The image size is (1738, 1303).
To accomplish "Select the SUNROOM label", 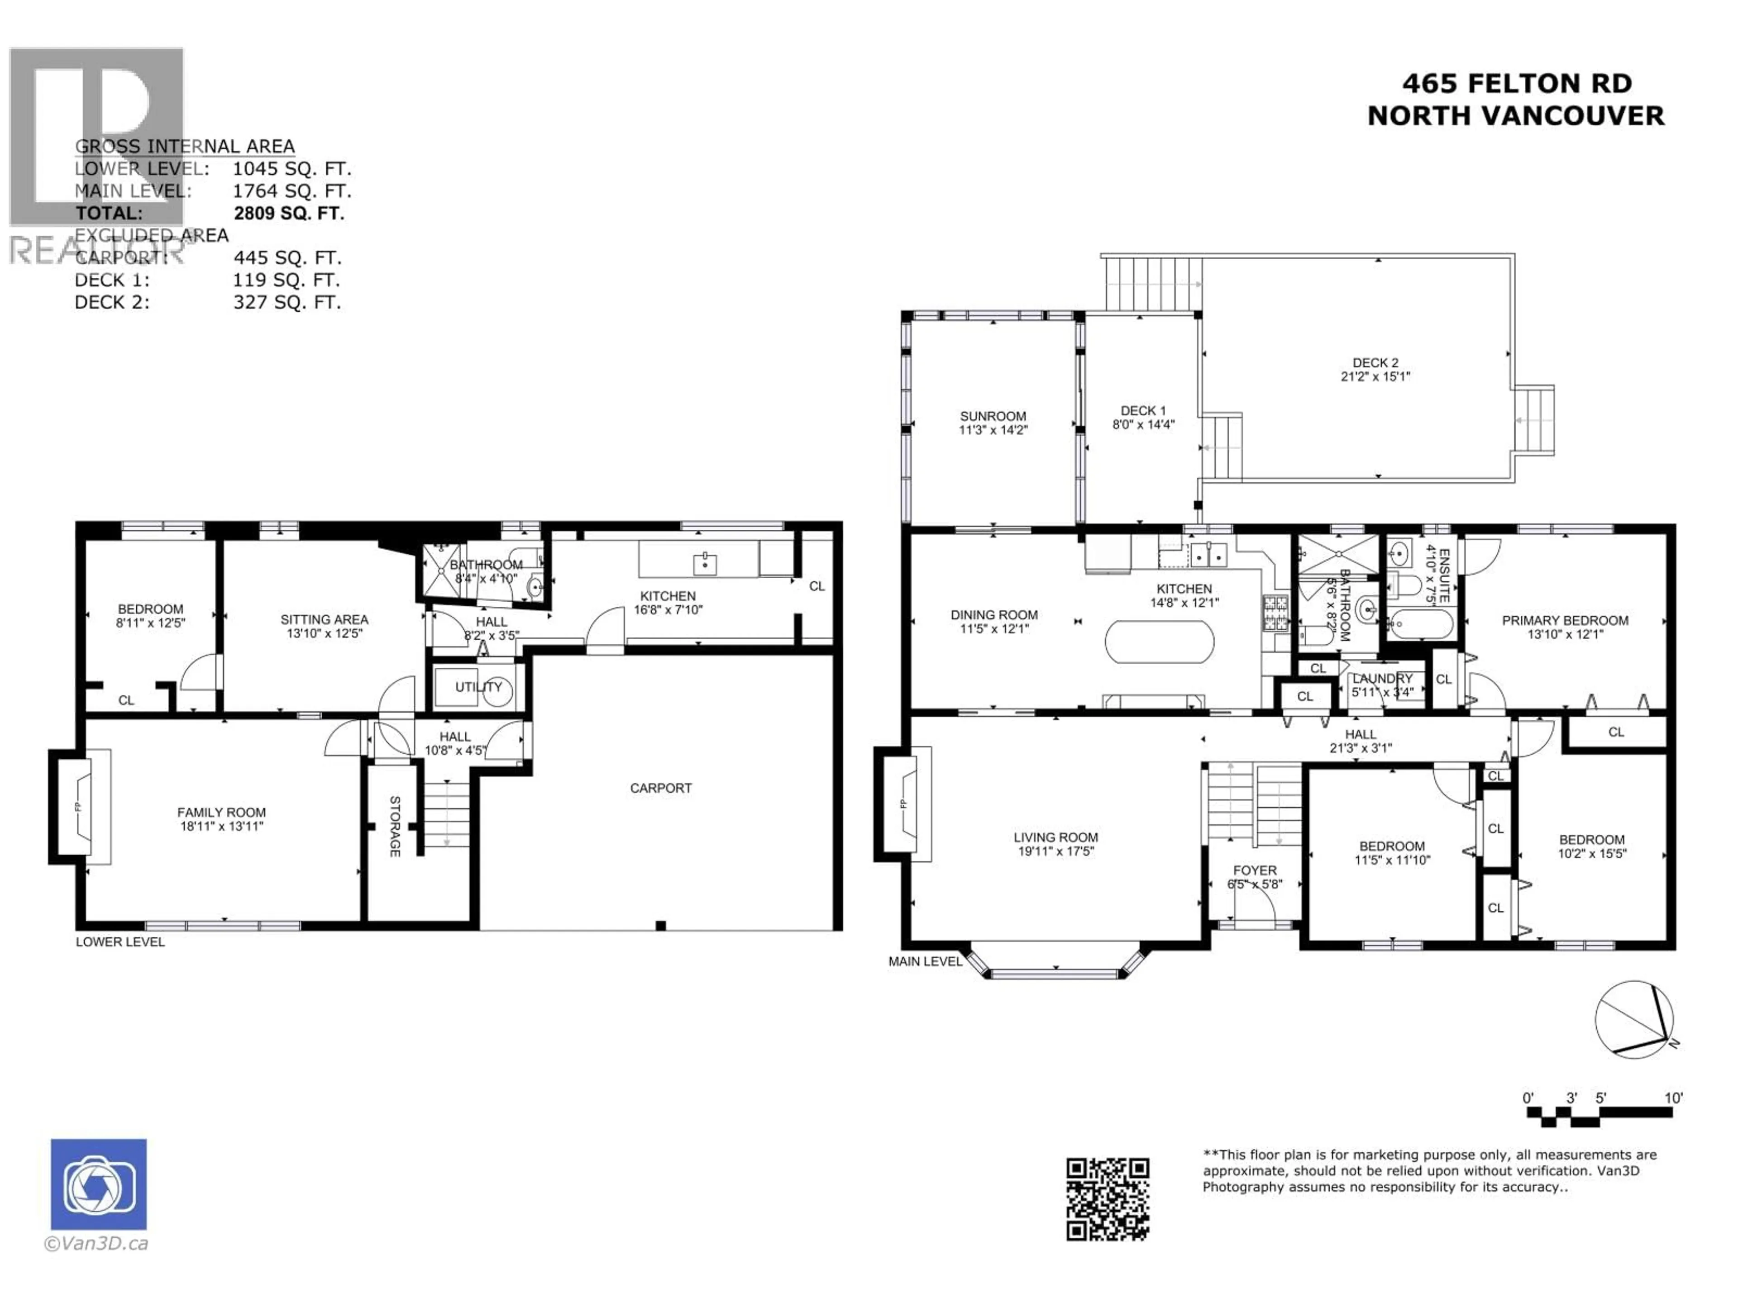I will point(993,416).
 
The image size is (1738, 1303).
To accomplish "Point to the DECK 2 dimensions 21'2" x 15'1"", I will point(1375,376).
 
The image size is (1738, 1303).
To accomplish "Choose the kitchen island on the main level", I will point(1159,642).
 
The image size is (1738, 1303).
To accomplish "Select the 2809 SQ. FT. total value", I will point(288,213).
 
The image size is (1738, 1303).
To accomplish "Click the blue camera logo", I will point(98,1184).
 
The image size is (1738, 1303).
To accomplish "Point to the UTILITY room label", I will point(477,686).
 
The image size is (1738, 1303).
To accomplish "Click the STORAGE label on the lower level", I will point(394,826).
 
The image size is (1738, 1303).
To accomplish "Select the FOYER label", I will point(1254,870).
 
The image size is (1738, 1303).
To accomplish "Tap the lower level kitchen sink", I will point(705,562).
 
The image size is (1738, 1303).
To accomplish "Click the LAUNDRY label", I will point(1382,678).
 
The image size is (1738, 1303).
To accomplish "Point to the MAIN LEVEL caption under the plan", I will point(925,961).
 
